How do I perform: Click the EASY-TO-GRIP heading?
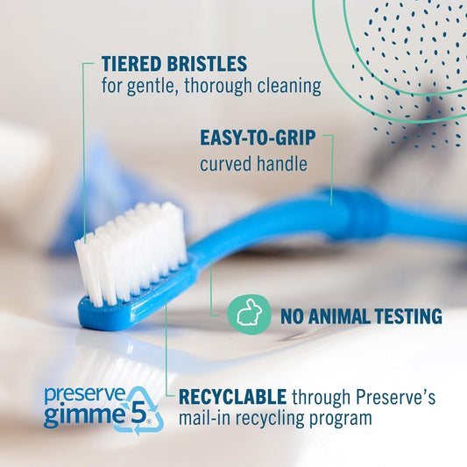256,139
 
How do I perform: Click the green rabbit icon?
248,314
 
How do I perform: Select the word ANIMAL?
340,315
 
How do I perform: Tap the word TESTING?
406,315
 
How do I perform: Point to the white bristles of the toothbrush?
131,250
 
